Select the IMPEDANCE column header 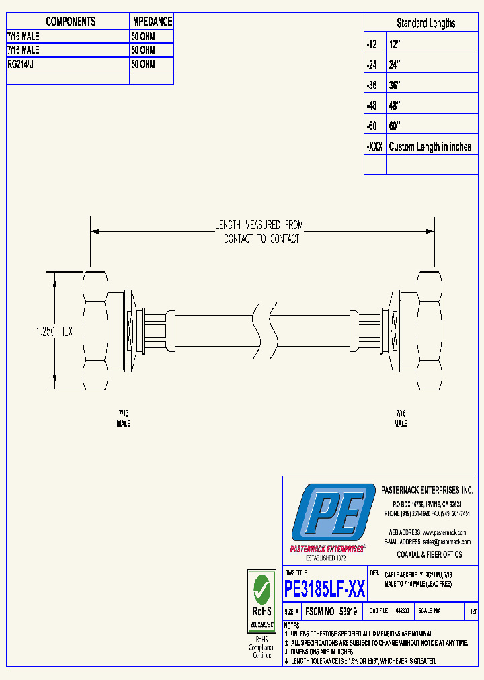(151, 22)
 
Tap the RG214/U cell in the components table (24, 64)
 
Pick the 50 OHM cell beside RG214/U (143, 64)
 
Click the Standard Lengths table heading (426, 23)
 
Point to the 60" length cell (395, 126)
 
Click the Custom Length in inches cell (430, 147)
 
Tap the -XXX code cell (374, 147)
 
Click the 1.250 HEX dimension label (54, 331)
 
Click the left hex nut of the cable (96, 331)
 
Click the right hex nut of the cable (428, 330)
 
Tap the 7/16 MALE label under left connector (124, 419)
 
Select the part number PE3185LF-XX (325, 589)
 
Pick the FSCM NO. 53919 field (330, 612)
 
